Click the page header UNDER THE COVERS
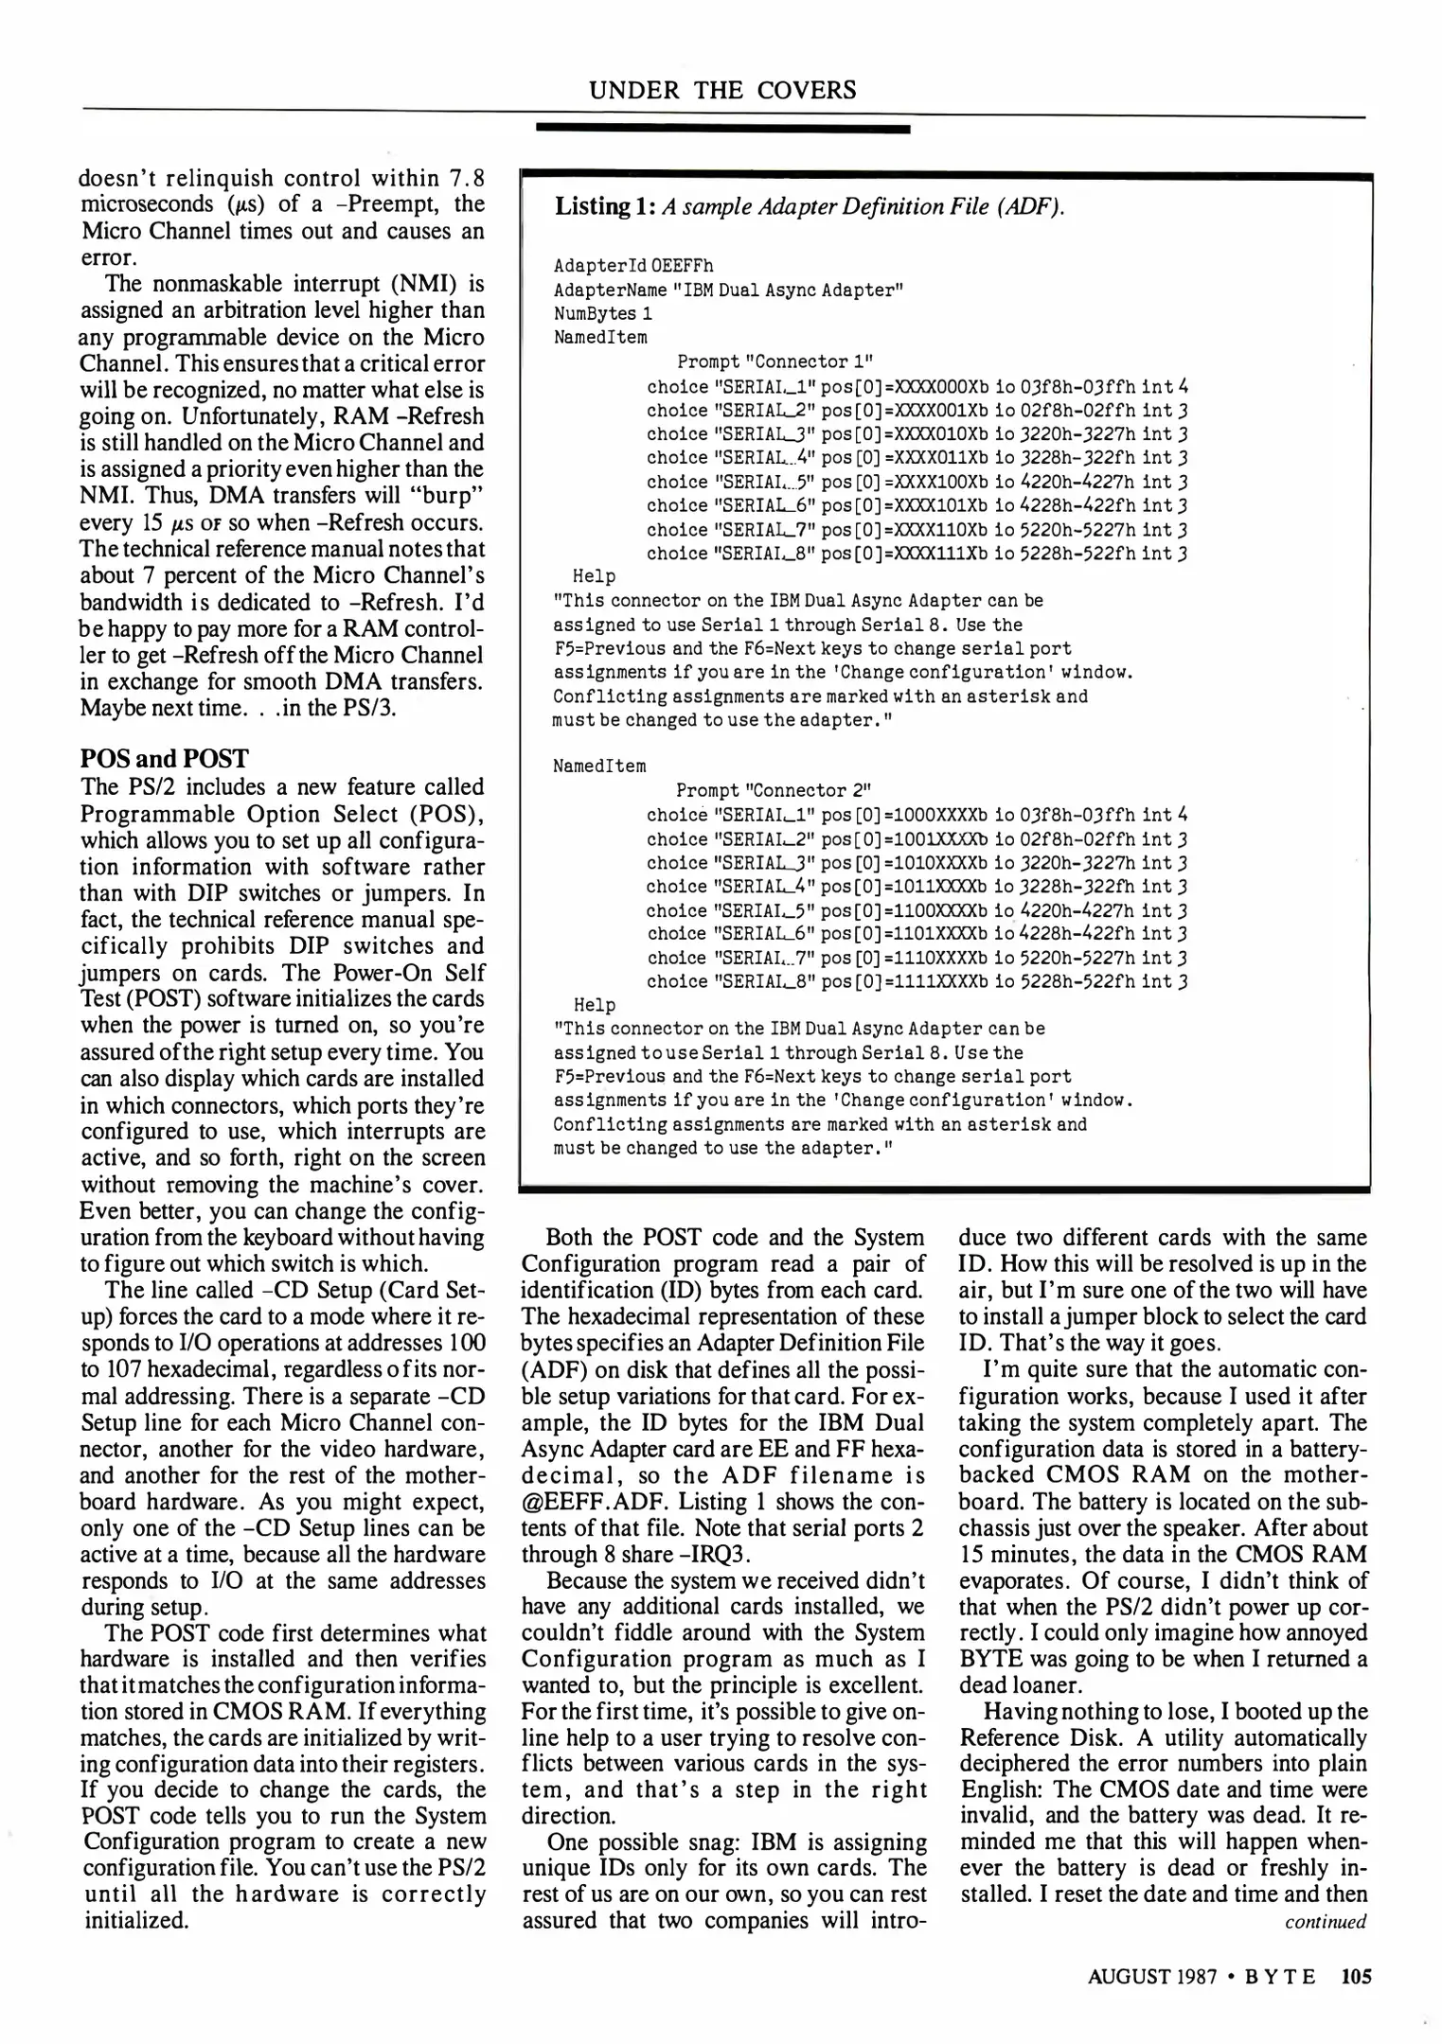point(722,91)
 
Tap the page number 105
point(1356,1976)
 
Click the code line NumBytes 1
point(602,313)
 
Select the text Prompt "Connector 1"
point(774,361)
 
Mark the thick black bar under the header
point(722,129)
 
